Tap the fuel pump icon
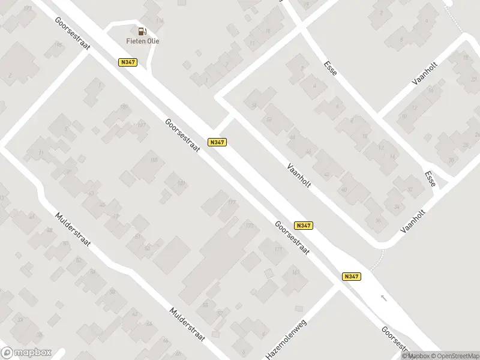point(142,31)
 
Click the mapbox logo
point(26,353)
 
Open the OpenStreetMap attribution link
point(455,356)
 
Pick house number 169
point(296,273)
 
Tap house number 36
point(378,220)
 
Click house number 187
point(142,125)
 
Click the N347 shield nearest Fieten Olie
point(127,62)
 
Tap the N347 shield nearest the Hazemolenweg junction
point(352,276)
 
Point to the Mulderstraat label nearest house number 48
point(72,233)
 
